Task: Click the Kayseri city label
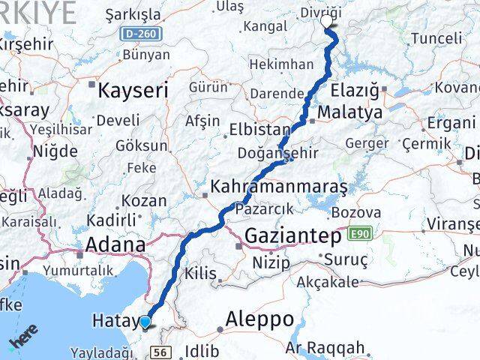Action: point(134,91)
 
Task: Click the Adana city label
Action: point(115,244)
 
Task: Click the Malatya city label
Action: point(349,112)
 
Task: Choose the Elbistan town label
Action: point(259,127)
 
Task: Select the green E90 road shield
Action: point(358,235)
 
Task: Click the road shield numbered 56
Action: point(159,352)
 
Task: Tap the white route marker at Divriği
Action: point(328,21)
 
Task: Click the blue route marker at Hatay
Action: point(145,323)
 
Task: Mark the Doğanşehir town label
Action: point(288,152)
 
